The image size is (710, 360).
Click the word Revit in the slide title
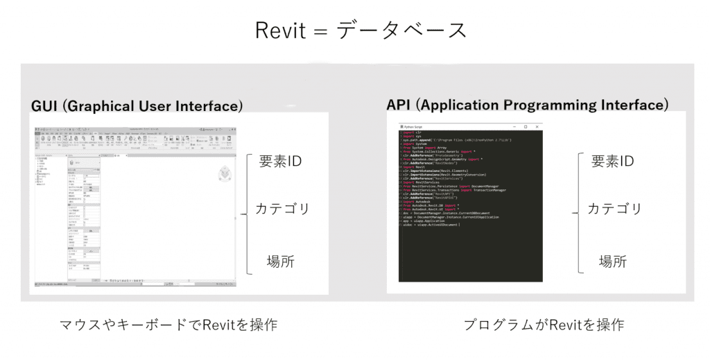279,31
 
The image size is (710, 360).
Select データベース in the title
402,31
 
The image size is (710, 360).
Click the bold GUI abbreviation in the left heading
46,106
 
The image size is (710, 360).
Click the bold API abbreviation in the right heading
400,105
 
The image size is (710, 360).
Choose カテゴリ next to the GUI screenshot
282,208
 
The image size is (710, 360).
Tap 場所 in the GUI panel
281,262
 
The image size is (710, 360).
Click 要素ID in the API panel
612,161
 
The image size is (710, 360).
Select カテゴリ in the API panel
614,208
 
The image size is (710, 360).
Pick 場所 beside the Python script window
613,262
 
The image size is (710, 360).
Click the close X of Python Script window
537,127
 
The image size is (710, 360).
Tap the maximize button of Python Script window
526,127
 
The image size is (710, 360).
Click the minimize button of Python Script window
514,127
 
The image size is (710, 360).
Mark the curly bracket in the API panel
577,214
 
